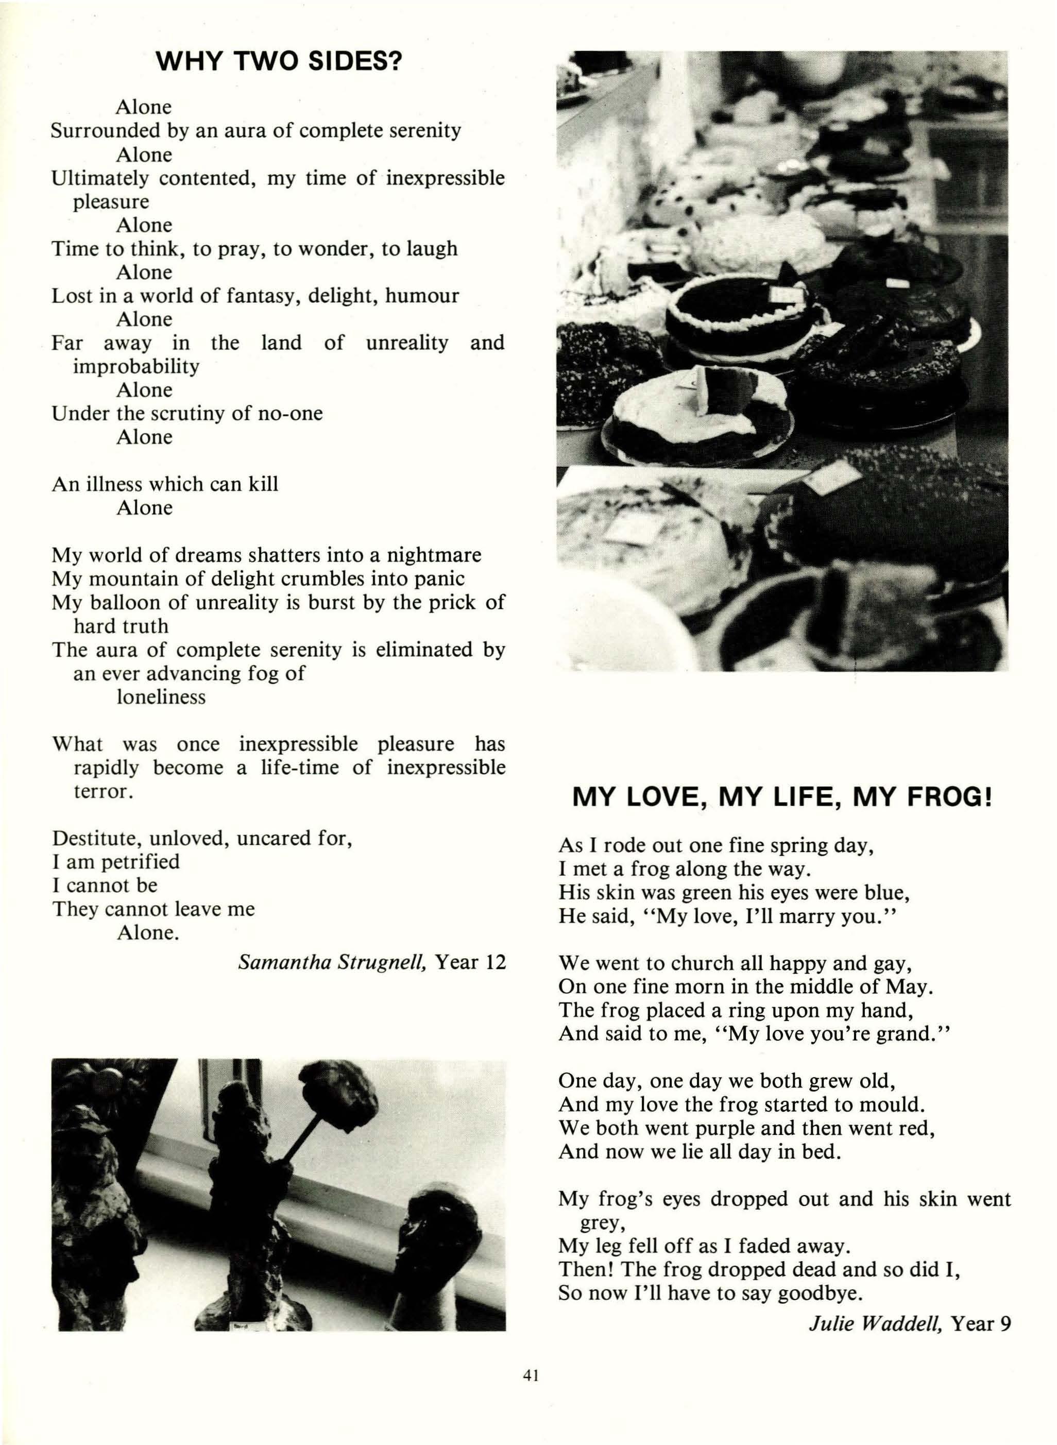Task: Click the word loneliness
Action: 161,696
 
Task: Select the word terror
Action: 103,791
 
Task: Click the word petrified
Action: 140,861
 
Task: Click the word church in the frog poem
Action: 695,963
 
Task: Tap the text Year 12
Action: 470,962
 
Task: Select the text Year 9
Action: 981,1323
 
